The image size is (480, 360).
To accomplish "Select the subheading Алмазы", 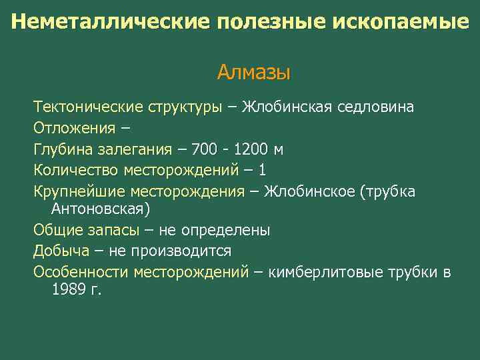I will coord(253,71).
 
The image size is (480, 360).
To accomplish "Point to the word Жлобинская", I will coord(283,107).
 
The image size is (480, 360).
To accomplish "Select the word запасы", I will coord(117,231).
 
